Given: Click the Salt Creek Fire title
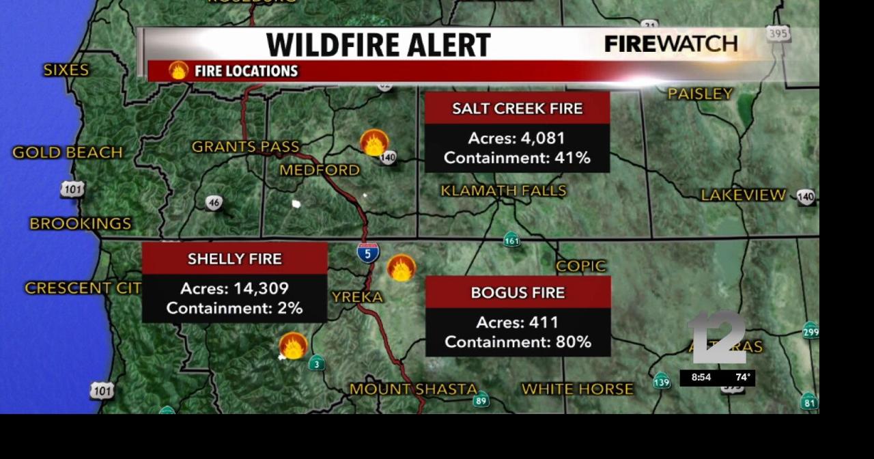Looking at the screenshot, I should pos(517,109).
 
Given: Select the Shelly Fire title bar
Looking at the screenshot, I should pos(234,259).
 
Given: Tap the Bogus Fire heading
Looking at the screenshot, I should pos(518,292).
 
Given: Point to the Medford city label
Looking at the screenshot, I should pos(320,170).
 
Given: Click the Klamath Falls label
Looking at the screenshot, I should pos(503,191).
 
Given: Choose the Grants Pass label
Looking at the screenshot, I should pos(245,146).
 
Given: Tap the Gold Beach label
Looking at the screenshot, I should pos(68,152).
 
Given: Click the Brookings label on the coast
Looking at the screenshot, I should pos(81,223).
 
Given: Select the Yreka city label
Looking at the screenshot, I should pos(357,296).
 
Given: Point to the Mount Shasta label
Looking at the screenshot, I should pos(413,389).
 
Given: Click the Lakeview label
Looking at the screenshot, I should pos(743,195).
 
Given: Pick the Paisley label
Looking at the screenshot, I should pos(700,94).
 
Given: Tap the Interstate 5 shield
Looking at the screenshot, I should pos(368,253).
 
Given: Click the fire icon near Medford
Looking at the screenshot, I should pos(374,143).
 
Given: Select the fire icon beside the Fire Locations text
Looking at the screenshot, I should pos(179,70).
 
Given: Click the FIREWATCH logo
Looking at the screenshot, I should pos(671,44).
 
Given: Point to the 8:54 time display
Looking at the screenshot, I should pos(701,377).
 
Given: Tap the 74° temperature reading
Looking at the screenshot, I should pos(742,377).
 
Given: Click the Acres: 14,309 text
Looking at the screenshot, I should pos(234,288).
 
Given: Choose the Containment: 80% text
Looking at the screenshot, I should pos(518,342).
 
